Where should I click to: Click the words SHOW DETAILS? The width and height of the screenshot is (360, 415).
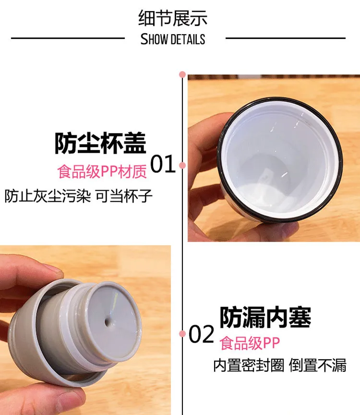[173, 39]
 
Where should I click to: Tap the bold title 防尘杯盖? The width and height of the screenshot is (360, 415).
[100, 143]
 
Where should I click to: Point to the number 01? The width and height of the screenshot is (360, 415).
[163, 165]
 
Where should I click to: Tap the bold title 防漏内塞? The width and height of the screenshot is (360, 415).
[265, 317]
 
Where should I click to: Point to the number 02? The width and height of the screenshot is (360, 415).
[201, 334]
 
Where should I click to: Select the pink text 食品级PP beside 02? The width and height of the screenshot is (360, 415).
[250, 343]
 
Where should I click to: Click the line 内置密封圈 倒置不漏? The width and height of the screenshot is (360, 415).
[280, 366]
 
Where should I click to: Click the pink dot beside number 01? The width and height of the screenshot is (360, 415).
[182, 166]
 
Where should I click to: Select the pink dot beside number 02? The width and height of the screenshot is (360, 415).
[182, 333]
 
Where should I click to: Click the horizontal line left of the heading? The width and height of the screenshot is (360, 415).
[67, 38]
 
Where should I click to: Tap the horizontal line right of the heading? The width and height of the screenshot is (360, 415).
[285, 38]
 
